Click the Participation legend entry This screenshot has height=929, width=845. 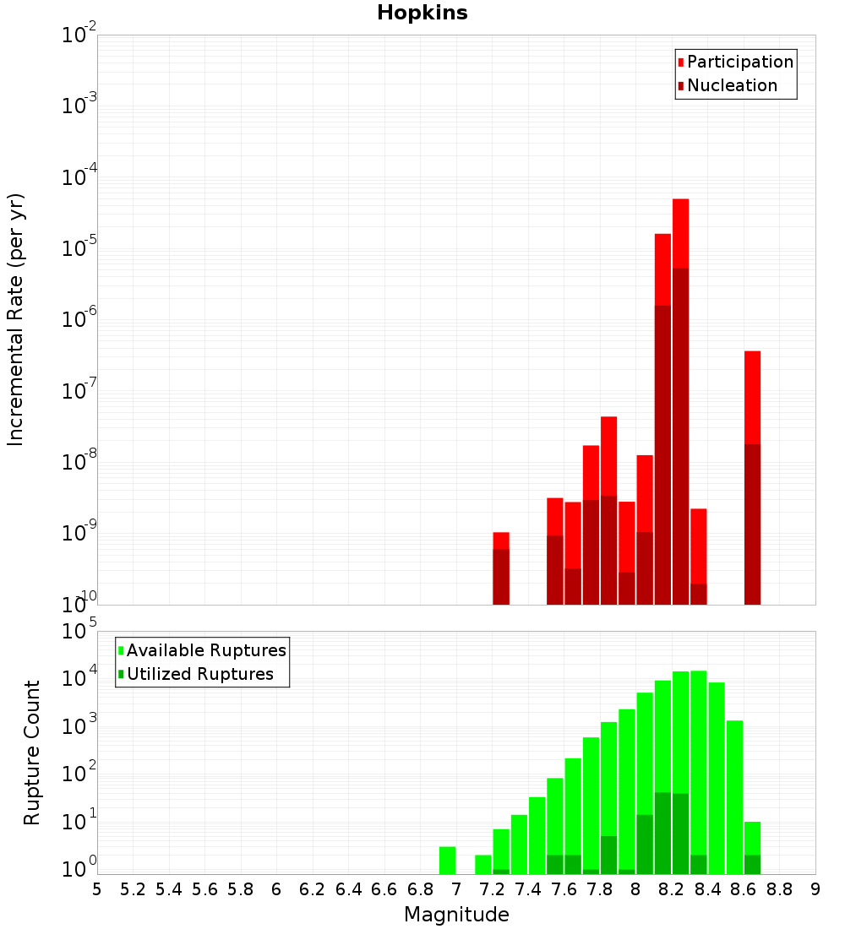[x=739, y=62]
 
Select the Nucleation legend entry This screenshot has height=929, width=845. [x=732, y=86]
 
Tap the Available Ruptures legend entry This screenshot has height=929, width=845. [x=205, y=650]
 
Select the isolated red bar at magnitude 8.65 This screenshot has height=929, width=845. [x=752, y=397]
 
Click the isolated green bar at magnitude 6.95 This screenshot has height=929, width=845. [x=447, y=860]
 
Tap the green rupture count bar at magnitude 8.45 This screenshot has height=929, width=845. [x=717, y=777]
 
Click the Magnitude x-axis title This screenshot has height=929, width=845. [x=456, y=915]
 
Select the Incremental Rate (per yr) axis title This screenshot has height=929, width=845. [x=16, y=319]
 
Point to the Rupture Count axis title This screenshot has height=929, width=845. [x=32, y=752]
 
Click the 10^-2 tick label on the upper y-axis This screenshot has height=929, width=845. [x=79, y=36]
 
